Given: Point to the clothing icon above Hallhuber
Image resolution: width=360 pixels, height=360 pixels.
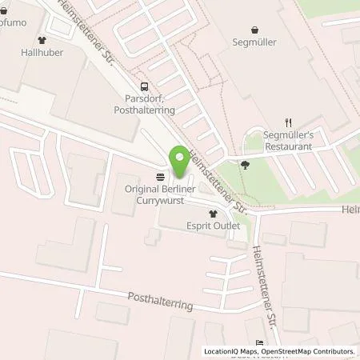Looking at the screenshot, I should tap(42, 38).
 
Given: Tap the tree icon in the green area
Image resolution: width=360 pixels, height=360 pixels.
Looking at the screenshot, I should tap(244, 166).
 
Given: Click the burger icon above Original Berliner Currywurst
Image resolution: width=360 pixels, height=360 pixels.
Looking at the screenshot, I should tap(161, 175).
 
